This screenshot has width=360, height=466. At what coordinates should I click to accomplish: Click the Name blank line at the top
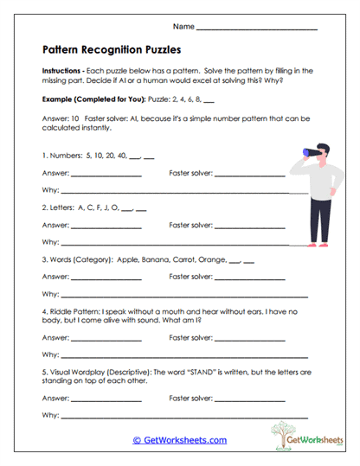[x=257, y=30]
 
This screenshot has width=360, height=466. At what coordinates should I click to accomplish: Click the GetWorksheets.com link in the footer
[x=180, y=440]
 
